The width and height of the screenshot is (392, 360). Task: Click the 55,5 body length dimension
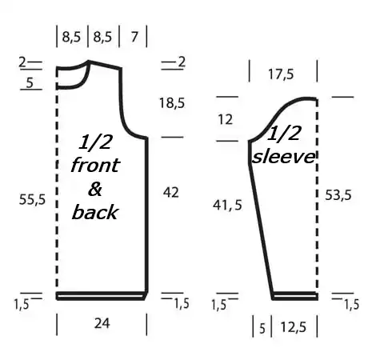click(32, 199)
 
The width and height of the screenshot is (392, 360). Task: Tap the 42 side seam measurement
click(170, 192)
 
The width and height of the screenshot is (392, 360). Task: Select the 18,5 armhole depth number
click(172, 103)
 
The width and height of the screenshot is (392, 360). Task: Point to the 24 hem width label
click(102, 323)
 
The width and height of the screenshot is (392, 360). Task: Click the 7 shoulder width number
click(134, 37)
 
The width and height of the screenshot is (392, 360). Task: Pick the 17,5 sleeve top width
click(281, 74)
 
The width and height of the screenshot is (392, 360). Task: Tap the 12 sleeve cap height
click(226, 119)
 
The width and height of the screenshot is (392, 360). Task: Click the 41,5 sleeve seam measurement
click(227, 205)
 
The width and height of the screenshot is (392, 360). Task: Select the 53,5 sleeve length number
click(338, 195)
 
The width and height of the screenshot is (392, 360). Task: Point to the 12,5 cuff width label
click(294, 327)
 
